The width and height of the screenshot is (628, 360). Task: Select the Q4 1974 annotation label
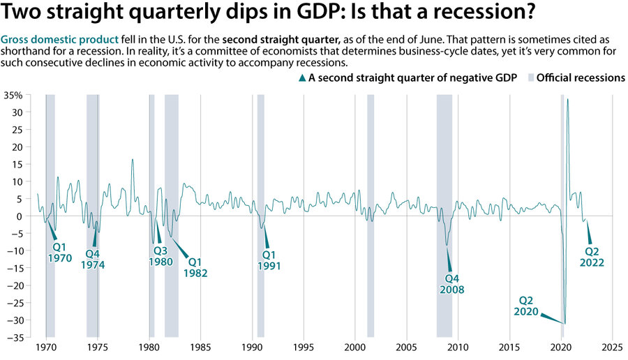point(98,259)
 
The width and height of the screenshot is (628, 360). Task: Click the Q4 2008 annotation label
point(451,283)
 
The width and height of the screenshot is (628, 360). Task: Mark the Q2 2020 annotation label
point(527,306)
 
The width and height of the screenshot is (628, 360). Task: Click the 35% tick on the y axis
point(14,95)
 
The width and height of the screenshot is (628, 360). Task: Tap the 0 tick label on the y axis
point(20,216)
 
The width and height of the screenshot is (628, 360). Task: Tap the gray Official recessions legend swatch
point(530,78)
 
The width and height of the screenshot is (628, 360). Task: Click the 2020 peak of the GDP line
point(567,99)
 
